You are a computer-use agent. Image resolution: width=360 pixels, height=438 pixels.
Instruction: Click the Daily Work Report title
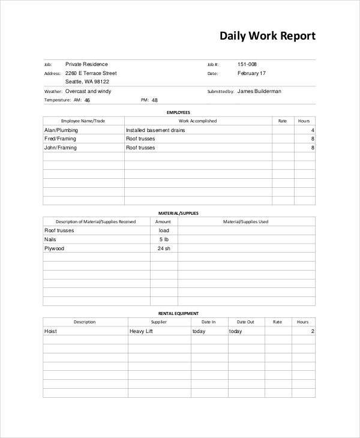[x=267, y=36]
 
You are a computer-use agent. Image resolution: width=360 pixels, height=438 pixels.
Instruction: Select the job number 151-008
[x=248, y=64]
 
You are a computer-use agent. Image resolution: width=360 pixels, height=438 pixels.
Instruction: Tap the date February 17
[x=251, y=73]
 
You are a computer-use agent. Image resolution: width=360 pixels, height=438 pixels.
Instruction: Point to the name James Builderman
[x=259, y=91]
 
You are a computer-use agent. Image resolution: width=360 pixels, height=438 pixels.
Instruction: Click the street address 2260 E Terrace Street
[x=91, y=73]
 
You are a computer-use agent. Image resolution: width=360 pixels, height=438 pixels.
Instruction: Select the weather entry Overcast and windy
[x=88, y=91]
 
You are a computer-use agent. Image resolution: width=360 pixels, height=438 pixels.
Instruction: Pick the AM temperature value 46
[x=87, y=100]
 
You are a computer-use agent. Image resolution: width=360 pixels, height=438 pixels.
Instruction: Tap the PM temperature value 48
[x=154, y=100]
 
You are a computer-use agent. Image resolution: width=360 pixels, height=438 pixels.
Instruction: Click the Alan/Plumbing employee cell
[x=61, y=130]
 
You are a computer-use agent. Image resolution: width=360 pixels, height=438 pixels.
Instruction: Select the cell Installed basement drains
[x=155, y=130]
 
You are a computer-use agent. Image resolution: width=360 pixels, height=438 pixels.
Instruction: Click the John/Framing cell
[x=61, y=147]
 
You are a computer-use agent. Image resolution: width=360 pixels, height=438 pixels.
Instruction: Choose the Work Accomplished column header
[x=199, y=121]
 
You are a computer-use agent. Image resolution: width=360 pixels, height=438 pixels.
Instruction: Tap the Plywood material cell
[x=54, y=248]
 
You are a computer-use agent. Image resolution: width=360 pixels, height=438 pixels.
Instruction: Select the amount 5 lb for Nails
[x=164, y=239]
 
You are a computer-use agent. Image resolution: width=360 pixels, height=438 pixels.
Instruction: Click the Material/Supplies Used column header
[x=246, y=221]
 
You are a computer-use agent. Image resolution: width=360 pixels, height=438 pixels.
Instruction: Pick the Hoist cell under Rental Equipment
[x=50, y=331]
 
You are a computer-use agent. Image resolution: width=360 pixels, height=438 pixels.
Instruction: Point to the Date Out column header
[x=245, y=322]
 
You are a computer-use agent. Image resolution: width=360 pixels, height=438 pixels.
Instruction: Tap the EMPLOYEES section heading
[x=178, y=112]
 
